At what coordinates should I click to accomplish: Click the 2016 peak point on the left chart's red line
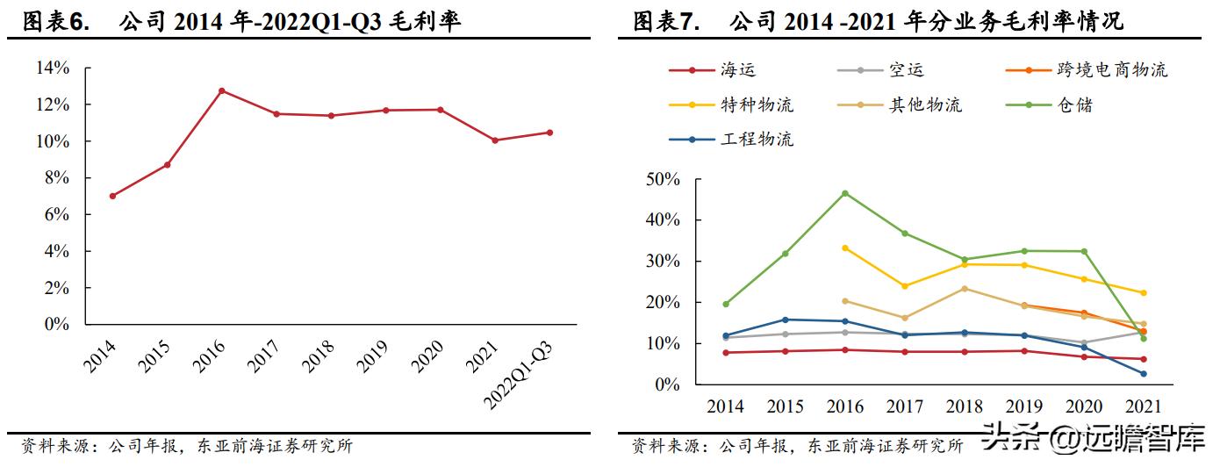[222, 90]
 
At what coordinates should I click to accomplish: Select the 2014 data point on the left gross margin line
[112, 196]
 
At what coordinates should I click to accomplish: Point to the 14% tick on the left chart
[52, 68]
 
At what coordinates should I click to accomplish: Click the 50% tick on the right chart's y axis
[663, 179]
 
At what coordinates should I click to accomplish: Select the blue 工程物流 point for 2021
[1143, 374]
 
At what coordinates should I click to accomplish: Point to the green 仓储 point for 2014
[725, 304]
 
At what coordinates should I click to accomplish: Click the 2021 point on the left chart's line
[495, 140]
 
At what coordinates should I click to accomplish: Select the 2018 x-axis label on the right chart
[964, 406]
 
